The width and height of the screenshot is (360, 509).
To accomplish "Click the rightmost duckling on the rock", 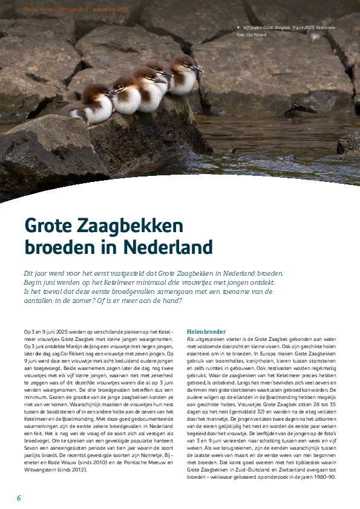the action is click(183, 76).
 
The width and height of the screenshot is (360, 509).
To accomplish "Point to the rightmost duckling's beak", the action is click(198, 70).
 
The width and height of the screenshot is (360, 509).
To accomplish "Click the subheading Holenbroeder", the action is click(206, 332).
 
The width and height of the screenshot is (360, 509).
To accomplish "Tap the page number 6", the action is click(19, 497).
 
